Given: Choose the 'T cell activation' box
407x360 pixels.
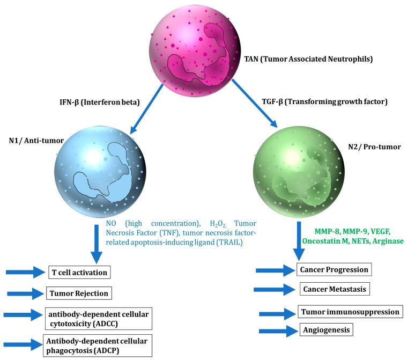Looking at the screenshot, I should pos(78,273).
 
